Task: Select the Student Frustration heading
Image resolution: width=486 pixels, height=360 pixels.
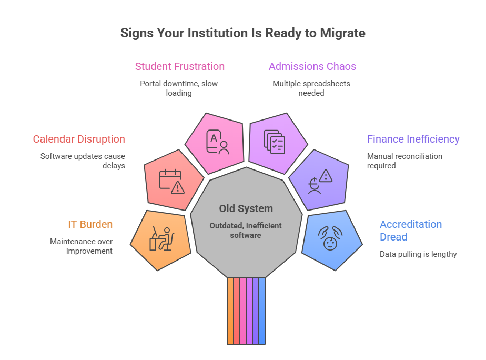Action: point(179,66)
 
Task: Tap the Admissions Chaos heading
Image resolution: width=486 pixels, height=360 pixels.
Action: point(312,66)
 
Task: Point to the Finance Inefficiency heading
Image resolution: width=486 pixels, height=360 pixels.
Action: point(413,139)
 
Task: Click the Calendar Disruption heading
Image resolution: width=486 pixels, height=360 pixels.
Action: point(79,139)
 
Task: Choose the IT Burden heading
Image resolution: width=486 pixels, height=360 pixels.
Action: point(90,224)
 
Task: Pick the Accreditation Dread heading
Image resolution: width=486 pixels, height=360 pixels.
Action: point(410,231)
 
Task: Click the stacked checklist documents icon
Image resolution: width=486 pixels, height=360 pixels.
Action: point(274,142)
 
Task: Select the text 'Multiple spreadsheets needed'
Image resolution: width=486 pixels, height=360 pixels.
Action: point(311,88)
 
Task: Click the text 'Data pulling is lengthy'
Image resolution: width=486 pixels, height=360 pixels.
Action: point(418,254)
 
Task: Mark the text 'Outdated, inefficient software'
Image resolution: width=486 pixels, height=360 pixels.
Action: point(246,231)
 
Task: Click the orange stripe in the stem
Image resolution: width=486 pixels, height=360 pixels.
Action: point(230,311)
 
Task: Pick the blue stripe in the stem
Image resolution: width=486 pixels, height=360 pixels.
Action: point(262,311)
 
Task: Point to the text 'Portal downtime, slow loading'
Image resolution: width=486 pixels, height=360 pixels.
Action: point(179,88)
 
